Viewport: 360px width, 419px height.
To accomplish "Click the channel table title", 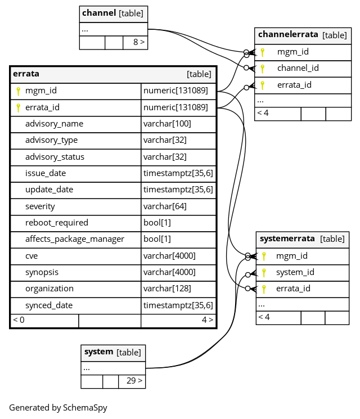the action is [x=99, y=13].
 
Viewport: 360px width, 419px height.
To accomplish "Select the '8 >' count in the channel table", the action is [x=139, y=42].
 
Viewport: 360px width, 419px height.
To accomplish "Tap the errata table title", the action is [x=26, y=74].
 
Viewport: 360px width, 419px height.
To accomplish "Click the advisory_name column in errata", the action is [x=54, y=124].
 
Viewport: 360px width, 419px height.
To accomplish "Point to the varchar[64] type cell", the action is [x=165, y=206].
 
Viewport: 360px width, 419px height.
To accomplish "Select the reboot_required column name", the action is [x=57, y=223].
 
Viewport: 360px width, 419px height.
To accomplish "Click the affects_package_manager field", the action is [x=75, y=239].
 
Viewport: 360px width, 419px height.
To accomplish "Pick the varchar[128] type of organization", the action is [x=167, y=289].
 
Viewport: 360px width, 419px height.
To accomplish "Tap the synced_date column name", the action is [x=49, y=305].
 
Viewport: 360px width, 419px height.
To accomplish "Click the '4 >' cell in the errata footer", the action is [x=208, y=319].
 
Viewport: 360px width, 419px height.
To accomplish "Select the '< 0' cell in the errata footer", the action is [x=19, y=319].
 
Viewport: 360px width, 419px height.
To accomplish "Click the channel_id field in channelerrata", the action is [x=298, y=68].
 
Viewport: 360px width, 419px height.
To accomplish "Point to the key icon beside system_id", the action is [x=264, y=273].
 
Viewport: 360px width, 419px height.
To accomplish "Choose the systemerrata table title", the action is [x=287, y=238].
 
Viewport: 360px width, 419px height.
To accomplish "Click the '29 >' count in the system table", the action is [x=134, y=380].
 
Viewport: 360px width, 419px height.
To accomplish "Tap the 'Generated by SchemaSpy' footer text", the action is [x=58, y=408].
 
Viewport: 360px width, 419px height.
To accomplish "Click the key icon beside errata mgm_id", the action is [x=18, y=91].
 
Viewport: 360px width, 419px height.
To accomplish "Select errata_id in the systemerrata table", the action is [x=293, y=289].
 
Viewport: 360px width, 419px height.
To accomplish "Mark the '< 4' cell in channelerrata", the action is [x=263, y=113].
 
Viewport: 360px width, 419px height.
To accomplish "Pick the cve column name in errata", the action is [x=31, y=256].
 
